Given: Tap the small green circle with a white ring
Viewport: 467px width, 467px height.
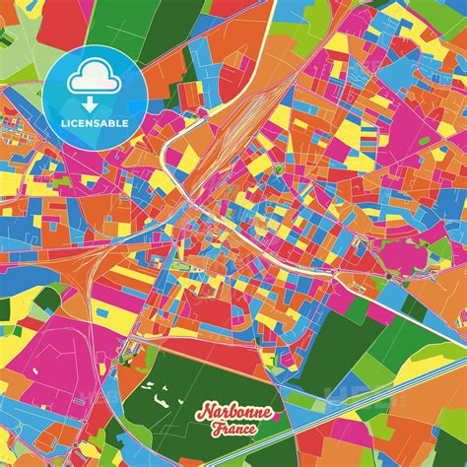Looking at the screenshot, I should coord(279,169).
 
